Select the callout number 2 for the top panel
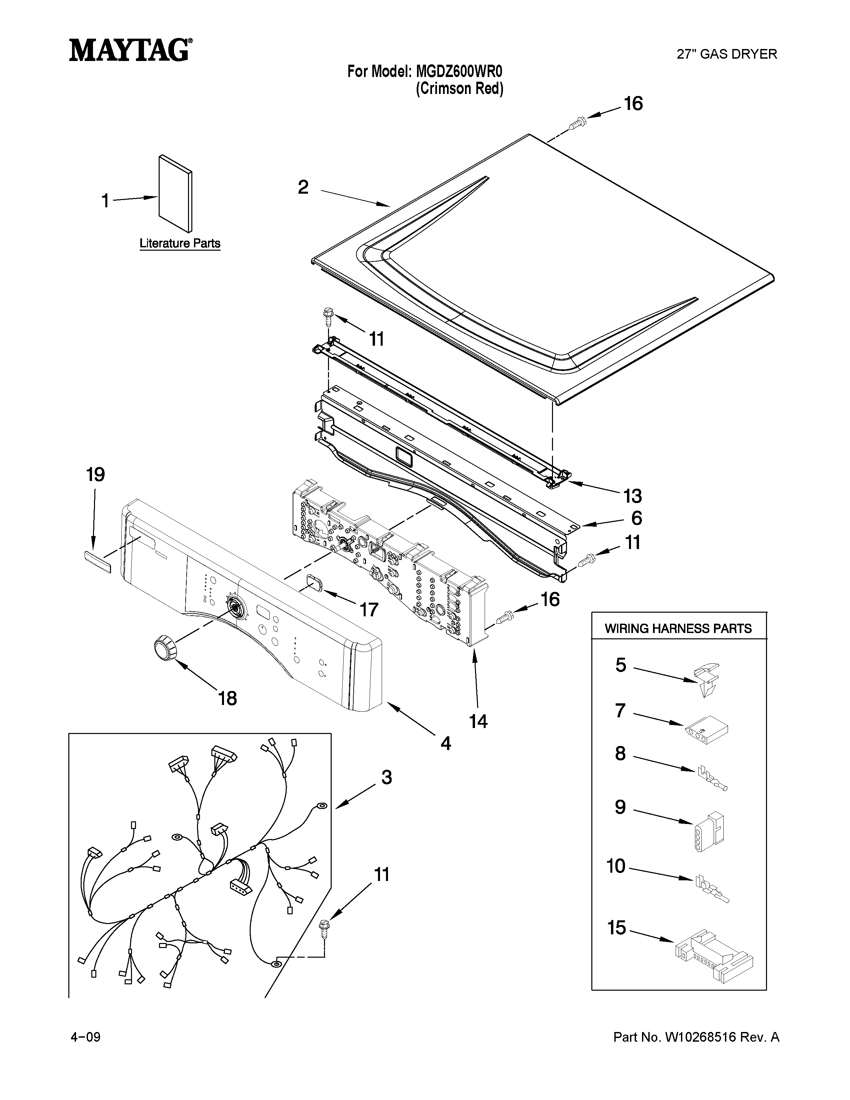(x=303, y=187)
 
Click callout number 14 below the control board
(x=478, y=721)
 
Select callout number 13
(x=632, y=496)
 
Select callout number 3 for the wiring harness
(x=386, y=778)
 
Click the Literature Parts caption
(x=180, y=243)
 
